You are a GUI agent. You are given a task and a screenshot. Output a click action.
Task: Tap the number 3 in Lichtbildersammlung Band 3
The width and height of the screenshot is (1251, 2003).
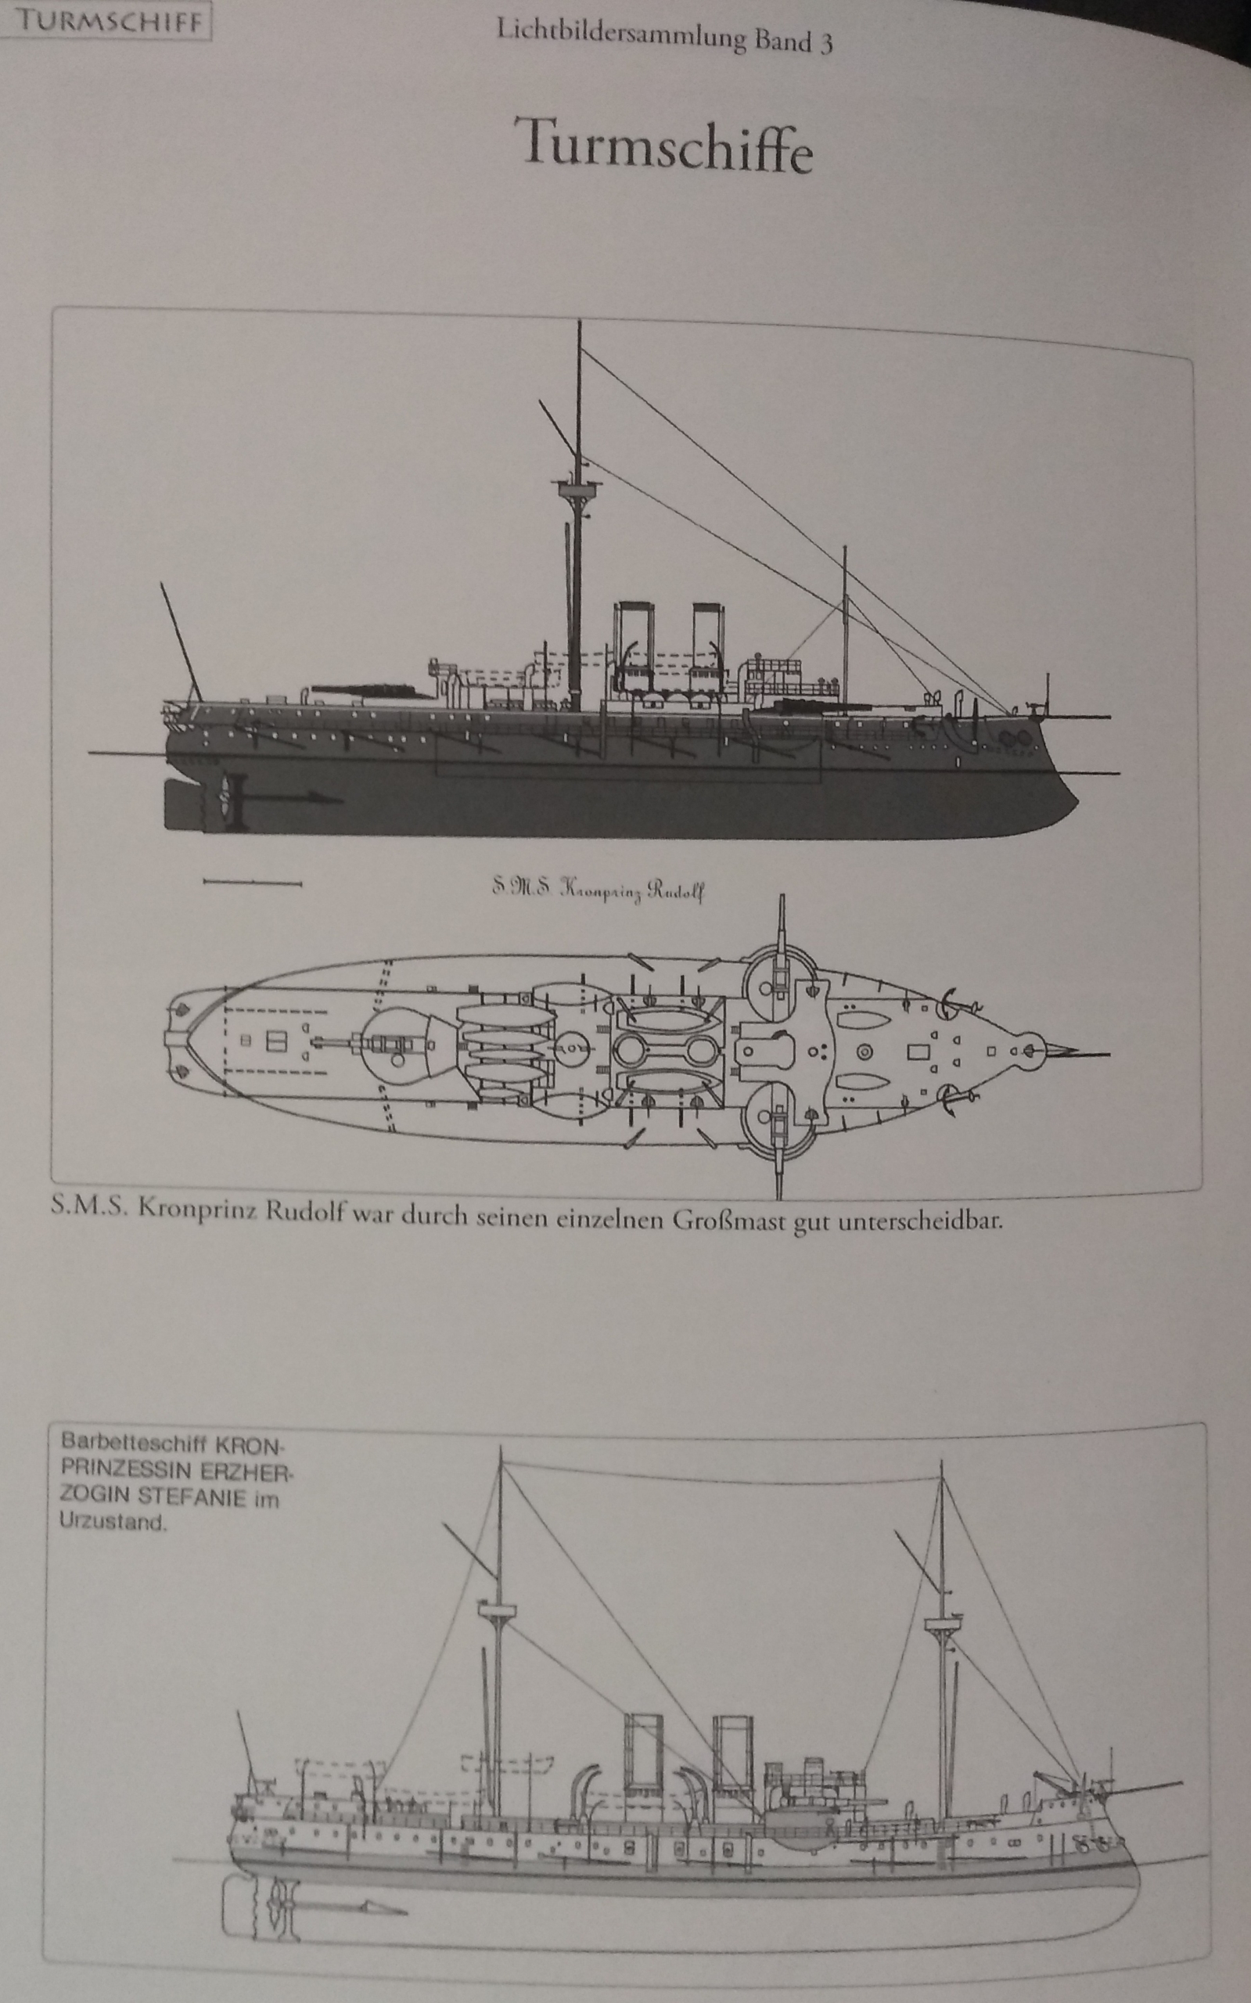point(824,42)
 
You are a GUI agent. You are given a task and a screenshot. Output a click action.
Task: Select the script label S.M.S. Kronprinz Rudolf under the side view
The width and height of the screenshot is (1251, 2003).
point(598,890)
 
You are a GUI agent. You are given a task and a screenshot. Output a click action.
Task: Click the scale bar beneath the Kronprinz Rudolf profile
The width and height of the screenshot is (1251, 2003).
point(253,883)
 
